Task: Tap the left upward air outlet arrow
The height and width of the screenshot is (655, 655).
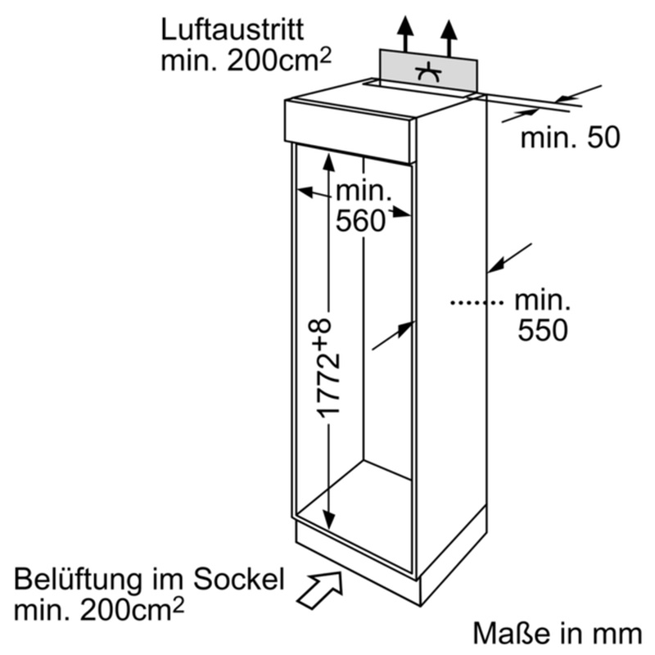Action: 404,33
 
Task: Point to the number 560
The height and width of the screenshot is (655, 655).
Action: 360,220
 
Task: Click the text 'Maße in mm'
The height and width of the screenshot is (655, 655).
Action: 557,632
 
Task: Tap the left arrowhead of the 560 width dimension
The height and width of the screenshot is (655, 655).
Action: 303,192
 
